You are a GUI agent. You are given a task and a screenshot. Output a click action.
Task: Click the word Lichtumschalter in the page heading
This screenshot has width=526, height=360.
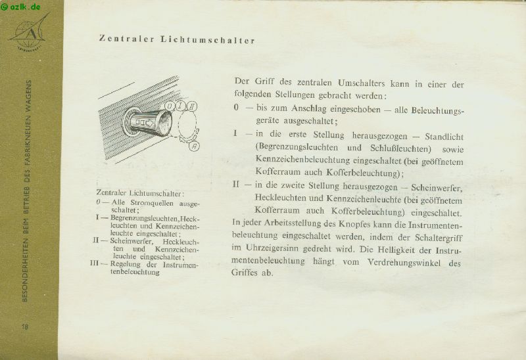(208, 39)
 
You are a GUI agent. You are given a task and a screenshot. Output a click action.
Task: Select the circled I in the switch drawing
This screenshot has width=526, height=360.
(181, 104)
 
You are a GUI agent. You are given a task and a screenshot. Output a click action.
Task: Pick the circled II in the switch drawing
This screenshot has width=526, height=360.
(192, 106)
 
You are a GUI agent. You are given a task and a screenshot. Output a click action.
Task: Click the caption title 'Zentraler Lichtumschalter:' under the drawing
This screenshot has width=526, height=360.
(139, 193)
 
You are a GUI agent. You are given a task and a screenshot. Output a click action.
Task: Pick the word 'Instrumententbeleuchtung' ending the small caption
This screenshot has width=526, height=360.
(135, 272)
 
